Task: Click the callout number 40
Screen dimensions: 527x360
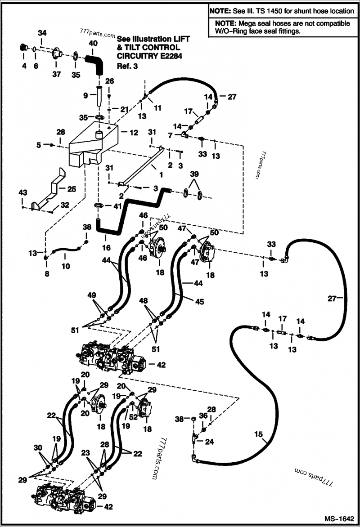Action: (92, 43)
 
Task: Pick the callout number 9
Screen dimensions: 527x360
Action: (85, 95)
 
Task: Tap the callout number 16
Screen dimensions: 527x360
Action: (107, 247)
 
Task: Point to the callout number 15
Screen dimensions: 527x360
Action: (258, 434)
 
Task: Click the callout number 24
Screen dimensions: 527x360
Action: (209, 442)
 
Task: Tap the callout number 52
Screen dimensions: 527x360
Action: (134, 417)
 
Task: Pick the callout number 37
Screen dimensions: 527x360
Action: (56, 74)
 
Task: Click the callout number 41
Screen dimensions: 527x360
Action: (117, 206)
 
